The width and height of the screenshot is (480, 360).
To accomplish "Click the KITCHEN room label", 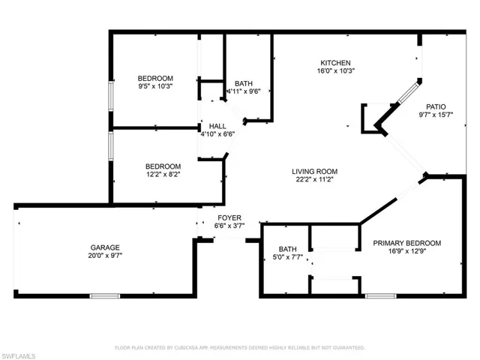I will click(x=336, y=63).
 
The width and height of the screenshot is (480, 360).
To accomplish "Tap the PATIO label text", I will click(x=435, y=106).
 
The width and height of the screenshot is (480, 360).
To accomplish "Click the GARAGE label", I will click(x=106, y=247).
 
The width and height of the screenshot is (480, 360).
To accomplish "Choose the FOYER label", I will click(x=229, y=217).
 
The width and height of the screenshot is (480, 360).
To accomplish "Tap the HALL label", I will click(x=217, y=126).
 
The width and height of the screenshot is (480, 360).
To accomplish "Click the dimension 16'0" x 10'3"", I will click(x=336, y=71).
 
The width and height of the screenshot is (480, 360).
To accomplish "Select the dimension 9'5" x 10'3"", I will click(x=155, y=86).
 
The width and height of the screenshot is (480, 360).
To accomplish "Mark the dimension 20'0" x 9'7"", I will click(x=106, y=256).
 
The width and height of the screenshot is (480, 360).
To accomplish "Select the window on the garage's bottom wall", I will click(x=105, y=296).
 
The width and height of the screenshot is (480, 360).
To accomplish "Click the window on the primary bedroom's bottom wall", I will click(x=380, y=296).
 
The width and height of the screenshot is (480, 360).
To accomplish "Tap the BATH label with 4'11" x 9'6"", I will click(x=244, y=83).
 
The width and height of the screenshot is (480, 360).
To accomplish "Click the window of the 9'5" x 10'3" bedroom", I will click(x=111, y=97).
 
